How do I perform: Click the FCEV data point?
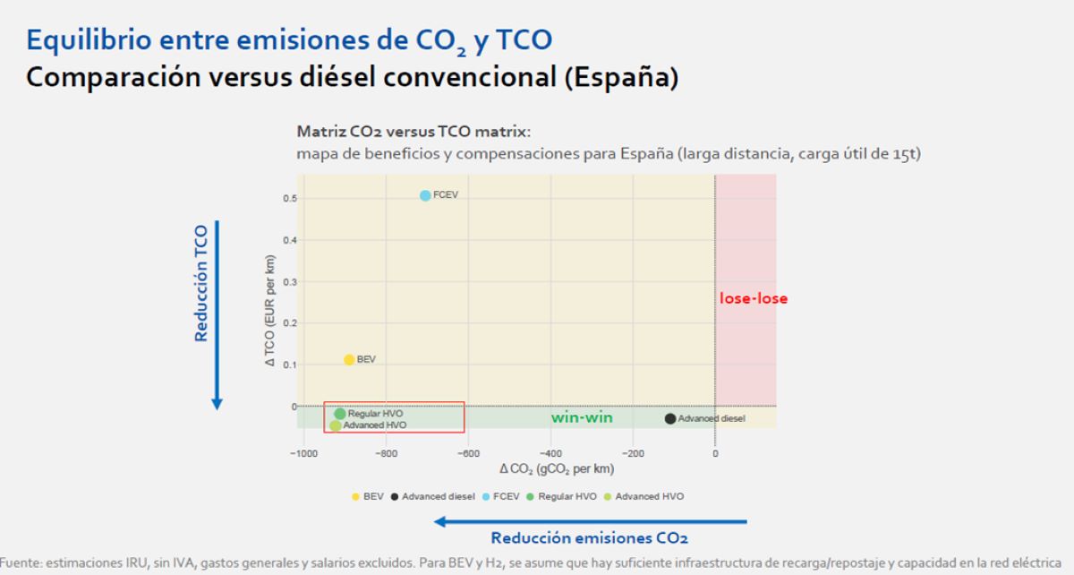click(x=425, y=195)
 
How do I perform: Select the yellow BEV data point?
click(x=349, y=360)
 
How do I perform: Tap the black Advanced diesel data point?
click(x=670, y=418)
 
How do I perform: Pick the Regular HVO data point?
click(x=340, y=414)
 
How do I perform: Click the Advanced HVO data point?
click(x=336, y=425)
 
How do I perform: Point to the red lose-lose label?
click(x=754, y=299)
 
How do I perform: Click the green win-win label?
click(x=581, y=417)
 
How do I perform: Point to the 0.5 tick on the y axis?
click(x=290, y=198)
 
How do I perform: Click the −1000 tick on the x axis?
click(x=304, y=453)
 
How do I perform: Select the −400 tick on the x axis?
click(x=550, y=453)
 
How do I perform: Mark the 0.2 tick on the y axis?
click(x=290, y=323)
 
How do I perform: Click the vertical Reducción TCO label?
click(x=201, y=283)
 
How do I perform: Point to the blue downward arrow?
click(x=217, y=314)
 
